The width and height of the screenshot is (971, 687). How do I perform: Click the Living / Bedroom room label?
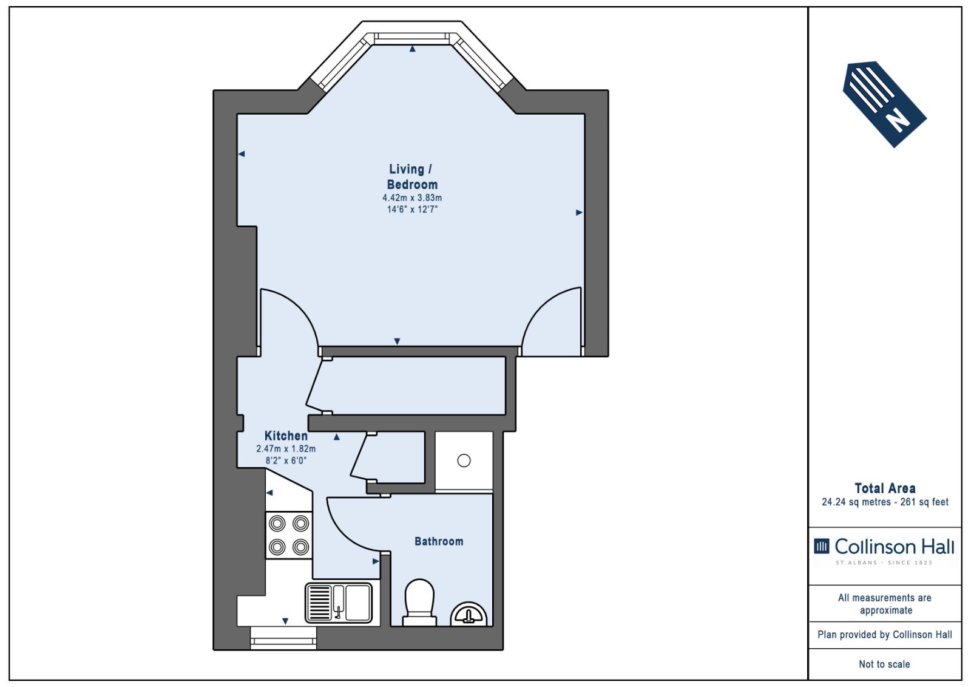pos(412,177)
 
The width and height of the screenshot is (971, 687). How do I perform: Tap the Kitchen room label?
pos(286,436)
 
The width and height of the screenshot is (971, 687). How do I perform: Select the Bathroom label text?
pos(439,541)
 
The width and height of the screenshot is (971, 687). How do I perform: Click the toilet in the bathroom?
pos(419,603)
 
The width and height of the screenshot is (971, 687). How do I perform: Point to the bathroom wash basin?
pos(469,614)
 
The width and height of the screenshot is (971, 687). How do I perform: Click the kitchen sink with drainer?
pos(339,603)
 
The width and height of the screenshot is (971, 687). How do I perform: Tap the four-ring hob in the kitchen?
pos(289,535)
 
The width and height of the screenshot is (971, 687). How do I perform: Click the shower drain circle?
pos(464,460)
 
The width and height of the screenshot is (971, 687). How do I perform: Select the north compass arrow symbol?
pos(884,104)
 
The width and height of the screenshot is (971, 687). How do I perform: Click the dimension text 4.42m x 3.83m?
pos(412,198)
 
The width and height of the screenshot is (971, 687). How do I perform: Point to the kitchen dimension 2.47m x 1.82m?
pos(286,449)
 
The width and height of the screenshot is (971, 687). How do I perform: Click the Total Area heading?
pos(885,488)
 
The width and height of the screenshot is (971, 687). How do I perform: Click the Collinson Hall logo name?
pos(895,547)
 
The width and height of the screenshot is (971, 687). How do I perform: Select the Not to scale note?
pos(884,664)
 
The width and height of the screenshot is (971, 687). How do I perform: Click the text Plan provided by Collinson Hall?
pos(885,635)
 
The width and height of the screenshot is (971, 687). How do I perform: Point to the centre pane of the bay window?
pos(412,39)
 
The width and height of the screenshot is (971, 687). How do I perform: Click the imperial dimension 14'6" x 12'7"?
pos(412,210)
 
